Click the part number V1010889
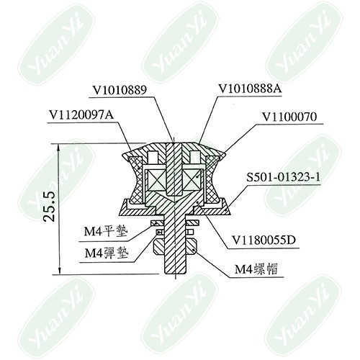[x=120, y=91]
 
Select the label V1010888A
[x=250, y=89]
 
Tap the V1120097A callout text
[x=81, y=115]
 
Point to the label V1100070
[x=289, y=117]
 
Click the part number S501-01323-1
[x=283, y=178]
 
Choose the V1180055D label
[x=264, y=240]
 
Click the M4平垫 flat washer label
[x=106, y=232]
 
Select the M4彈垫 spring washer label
[x=107, y=253]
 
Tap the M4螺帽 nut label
[x=256, y=269]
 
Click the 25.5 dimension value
[x=50, y=207]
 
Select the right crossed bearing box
[x=192, y=179]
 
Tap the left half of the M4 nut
[x=158, y=247]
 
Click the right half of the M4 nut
[x=192, y=247]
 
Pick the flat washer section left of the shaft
[x=157, y=223]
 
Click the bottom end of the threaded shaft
[x=175, y=274]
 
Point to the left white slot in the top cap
[x=153, y=158]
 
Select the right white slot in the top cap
[x=195, y=158]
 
